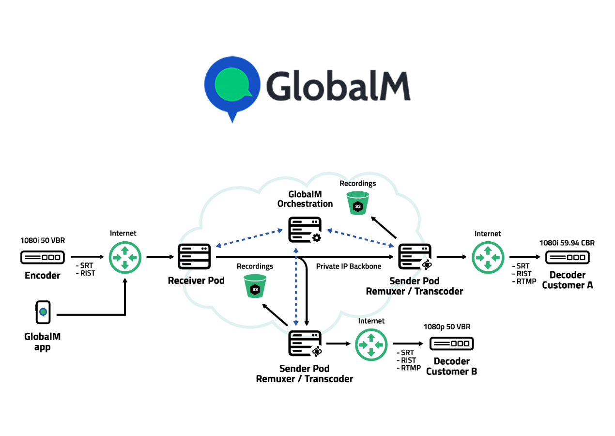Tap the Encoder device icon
(x=43, y=257)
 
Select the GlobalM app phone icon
(x=43, y=312)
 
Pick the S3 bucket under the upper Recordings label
(x=358, y=203)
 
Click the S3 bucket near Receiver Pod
(x=255, y=286)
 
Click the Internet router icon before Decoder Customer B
(x=371, y=344)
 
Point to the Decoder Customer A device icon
(x=567, y=257)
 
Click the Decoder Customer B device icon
(x=451, y=344)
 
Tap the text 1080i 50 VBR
(x=42, y=240)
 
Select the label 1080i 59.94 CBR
(x=567, y=243)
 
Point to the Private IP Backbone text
(x=349, y=266)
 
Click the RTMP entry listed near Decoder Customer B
(x=410, y=369)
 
